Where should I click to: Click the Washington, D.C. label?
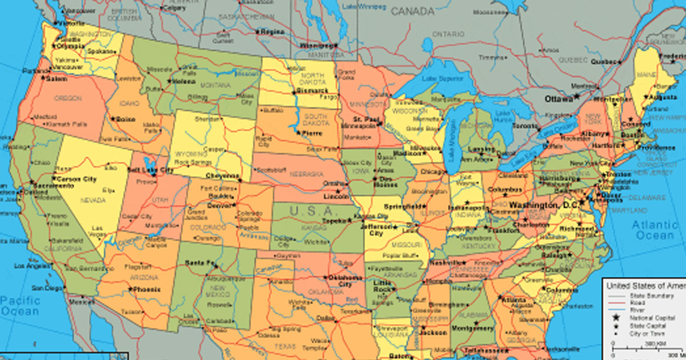(543, 205)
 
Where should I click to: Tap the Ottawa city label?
(559, 99)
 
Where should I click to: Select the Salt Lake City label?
(150, 170)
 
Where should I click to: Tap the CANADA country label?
(413, 11)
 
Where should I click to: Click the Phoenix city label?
(146, 290)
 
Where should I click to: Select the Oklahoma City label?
(345, 281)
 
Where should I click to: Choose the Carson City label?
(77, 179)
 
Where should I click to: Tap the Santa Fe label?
(201, 263)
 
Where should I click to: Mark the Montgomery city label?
(472, 329)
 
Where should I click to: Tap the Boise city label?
(125, 119)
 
